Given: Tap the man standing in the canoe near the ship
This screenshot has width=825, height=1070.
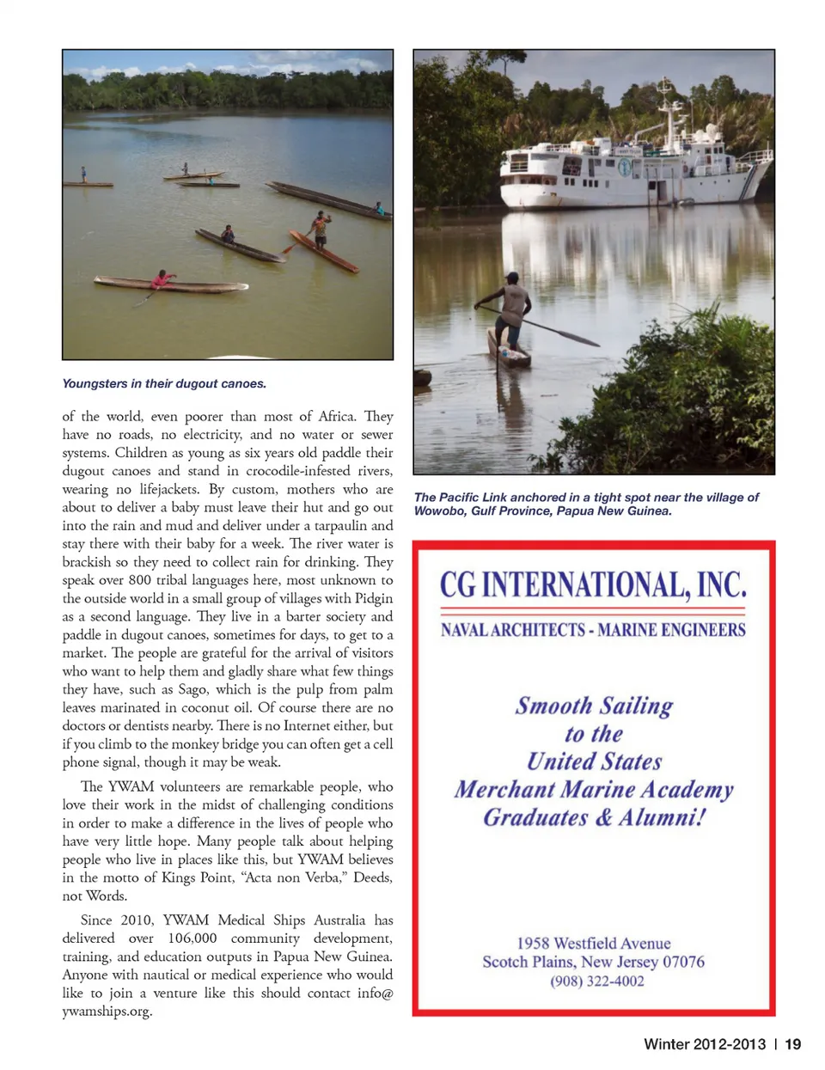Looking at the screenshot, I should (x=513, y=307).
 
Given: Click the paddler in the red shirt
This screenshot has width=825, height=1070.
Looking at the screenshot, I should (x=162, y=279).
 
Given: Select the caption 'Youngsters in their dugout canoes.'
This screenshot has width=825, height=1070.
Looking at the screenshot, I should (x=164, y=383).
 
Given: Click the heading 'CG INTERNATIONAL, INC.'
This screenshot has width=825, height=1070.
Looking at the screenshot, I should (x=593, y=585).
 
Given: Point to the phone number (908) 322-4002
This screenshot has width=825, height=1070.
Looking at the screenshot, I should (x=597, y=981).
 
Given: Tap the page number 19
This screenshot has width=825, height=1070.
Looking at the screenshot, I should (x=792, y=1044).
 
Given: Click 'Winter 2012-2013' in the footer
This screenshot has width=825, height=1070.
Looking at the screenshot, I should (x=704, y=1044).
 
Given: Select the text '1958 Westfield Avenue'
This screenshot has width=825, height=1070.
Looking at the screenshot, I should (x=594, y=943).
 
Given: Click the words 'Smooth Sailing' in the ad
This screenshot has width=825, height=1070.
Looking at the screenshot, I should (x=594, y=706).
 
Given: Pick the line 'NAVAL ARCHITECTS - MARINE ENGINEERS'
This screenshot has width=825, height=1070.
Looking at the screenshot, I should (x=593, y=630).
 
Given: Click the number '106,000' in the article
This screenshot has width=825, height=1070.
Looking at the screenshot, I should (x=192, y=938).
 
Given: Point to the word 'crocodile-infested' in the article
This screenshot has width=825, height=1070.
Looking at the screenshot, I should (x=298, y=471).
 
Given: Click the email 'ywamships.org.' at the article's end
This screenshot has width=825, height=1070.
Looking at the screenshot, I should (x=107, y=1011).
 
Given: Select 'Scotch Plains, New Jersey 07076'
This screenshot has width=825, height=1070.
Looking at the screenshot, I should (x=593, y=962).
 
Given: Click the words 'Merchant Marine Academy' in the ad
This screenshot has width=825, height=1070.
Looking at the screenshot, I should (x=594, y=789).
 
